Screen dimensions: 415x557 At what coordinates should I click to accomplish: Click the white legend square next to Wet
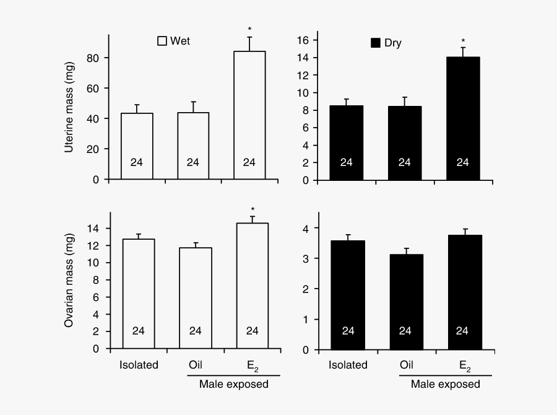click(x=163, y=41)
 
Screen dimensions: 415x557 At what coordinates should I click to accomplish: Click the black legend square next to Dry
click(x=375, y=43)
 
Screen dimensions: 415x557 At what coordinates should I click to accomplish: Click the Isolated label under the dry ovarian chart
click(x=348, y=365)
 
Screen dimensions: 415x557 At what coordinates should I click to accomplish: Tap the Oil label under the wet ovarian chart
click(x=195, y=365)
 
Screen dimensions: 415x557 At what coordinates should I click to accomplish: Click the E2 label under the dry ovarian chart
click(x=464, y=365)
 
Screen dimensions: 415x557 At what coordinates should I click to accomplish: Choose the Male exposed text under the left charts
click(x=234, y=384)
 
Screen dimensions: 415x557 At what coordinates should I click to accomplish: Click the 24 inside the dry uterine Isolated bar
click(x=347, y=162)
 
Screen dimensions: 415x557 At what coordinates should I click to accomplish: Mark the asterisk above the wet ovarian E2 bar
click(x=252, y=209)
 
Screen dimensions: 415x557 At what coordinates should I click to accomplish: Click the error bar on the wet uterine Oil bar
click(x=193, y=107)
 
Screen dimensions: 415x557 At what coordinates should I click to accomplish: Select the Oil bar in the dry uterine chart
click(x=404, y=142)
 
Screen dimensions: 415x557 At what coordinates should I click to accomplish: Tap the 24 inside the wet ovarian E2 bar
click(x=252, y=331)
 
